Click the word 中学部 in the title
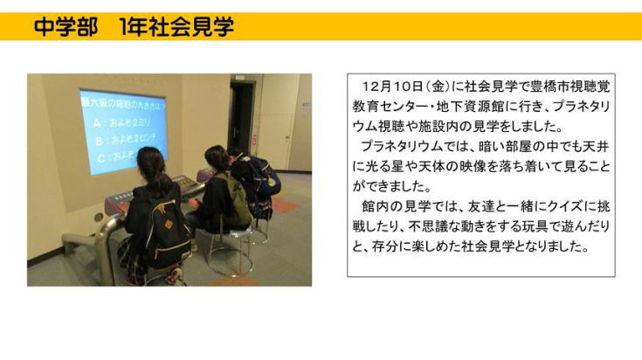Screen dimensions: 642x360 tap(66, 27)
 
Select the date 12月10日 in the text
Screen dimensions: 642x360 tap(392, 87)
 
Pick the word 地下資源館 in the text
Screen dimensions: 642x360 tap(470, 107)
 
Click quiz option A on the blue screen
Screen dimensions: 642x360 tap(121, 123)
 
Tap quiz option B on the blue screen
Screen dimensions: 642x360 tap(126, 140)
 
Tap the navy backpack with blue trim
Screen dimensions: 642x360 tap(262, 180)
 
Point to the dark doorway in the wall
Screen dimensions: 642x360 tap(242, 118)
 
